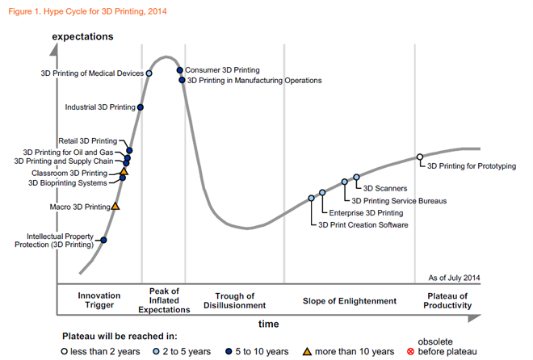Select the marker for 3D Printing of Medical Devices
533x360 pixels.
pyautogui.click(x=149, y=73)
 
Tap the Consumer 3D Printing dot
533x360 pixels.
pyautogui.click(x=180, y=71)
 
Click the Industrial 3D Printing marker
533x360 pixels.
pyautogui.click(x=141, y=107)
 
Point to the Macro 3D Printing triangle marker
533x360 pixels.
pyautogui.click(x=115, y=207)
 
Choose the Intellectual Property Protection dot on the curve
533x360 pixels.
pyautogui.click(x=103, y=240)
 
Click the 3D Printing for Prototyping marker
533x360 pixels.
pyautogui.click(x=419, y=157)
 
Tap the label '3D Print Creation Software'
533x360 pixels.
pyautogui.click(x=364, y=224)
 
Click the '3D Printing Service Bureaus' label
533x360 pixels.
pyautogui.click(x=399, y=200)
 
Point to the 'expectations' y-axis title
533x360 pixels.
pyautogui.click(x=82, y=37)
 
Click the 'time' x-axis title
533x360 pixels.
pyautogui.click(x=269, y=323)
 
